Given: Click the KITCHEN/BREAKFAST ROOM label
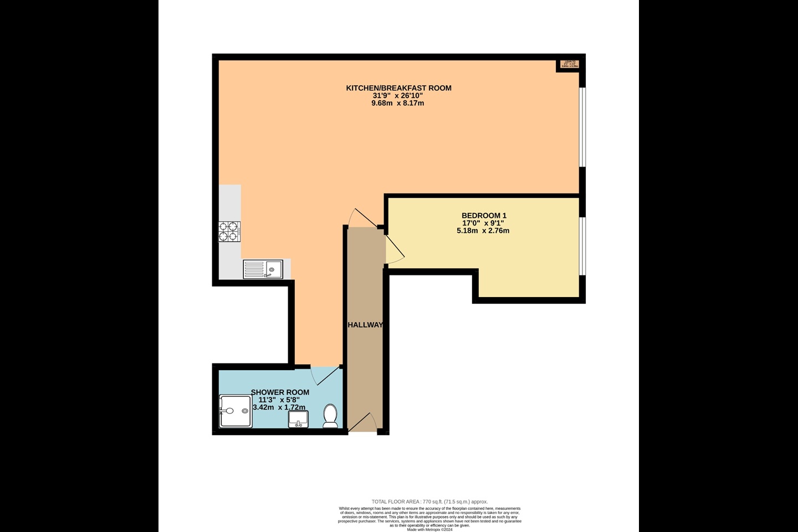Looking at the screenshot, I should (x=398, y=88).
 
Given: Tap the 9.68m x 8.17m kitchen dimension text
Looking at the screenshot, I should (x=397, y=103).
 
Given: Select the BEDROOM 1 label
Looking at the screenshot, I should (x=484, y=216).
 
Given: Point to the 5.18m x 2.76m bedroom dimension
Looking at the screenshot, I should (x=483, y=231).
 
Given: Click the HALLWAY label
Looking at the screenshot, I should (x=365, y=325).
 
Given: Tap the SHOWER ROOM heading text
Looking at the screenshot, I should (x=280, y=392).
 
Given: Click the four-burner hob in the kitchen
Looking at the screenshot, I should (x=229, y=231).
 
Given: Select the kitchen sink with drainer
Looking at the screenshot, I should (x=263, y=269).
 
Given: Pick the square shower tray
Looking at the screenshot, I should (x=236, y=411).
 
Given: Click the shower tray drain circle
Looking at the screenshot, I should (x=244, y=411).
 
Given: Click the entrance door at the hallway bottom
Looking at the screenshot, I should (x=363, y=423).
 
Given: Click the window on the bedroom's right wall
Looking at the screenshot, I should (x=582, y=245).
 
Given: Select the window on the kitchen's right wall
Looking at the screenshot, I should (x=582, y=127).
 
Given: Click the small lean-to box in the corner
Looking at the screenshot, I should (x=570, y=64).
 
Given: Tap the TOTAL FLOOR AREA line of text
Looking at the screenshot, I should (x=429, y=502).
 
